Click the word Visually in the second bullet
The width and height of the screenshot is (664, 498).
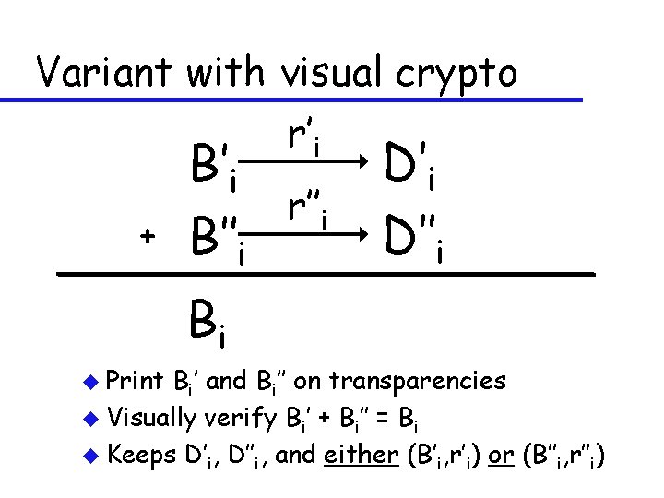[151, 418]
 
